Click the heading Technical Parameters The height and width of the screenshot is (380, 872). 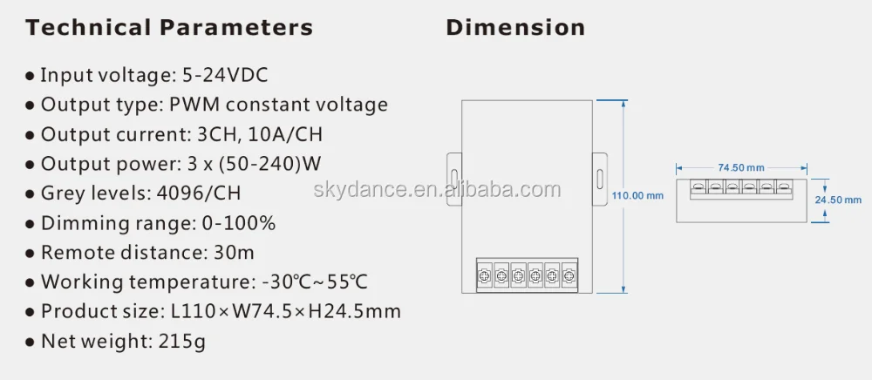(x=169, y=28)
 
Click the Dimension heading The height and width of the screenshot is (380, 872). (x=515, y=28)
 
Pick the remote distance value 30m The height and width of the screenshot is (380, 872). (x=234, y=253)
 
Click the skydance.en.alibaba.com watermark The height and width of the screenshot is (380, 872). (x=438, y=189)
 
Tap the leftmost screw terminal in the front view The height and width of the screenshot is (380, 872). (x=485, y=276)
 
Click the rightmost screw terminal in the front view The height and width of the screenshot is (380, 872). (x=569, y=276)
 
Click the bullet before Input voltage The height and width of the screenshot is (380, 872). (x=31, y=78)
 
